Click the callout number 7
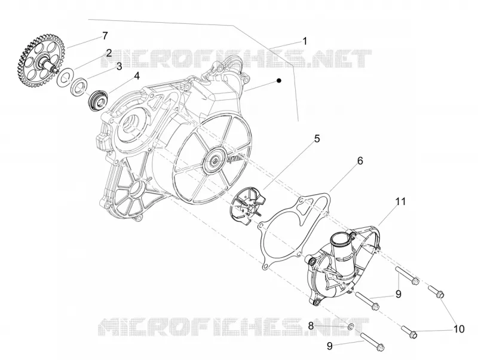point(105,36)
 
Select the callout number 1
point(304,41)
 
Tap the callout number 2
point(109,53)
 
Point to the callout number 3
point(118,66)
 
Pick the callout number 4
point(137,76)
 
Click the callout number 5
point(317,139)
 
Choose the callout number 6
point(360,161)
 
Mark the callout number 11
point(400,202)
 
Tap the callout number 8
point(311,326)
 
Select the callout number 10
point(458,329)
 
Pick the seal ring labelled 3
point(79,86)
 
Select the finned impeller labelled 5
point(248,204)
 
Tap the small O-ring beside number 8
point(351,327)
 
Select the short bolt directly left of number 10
point(409,331)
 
